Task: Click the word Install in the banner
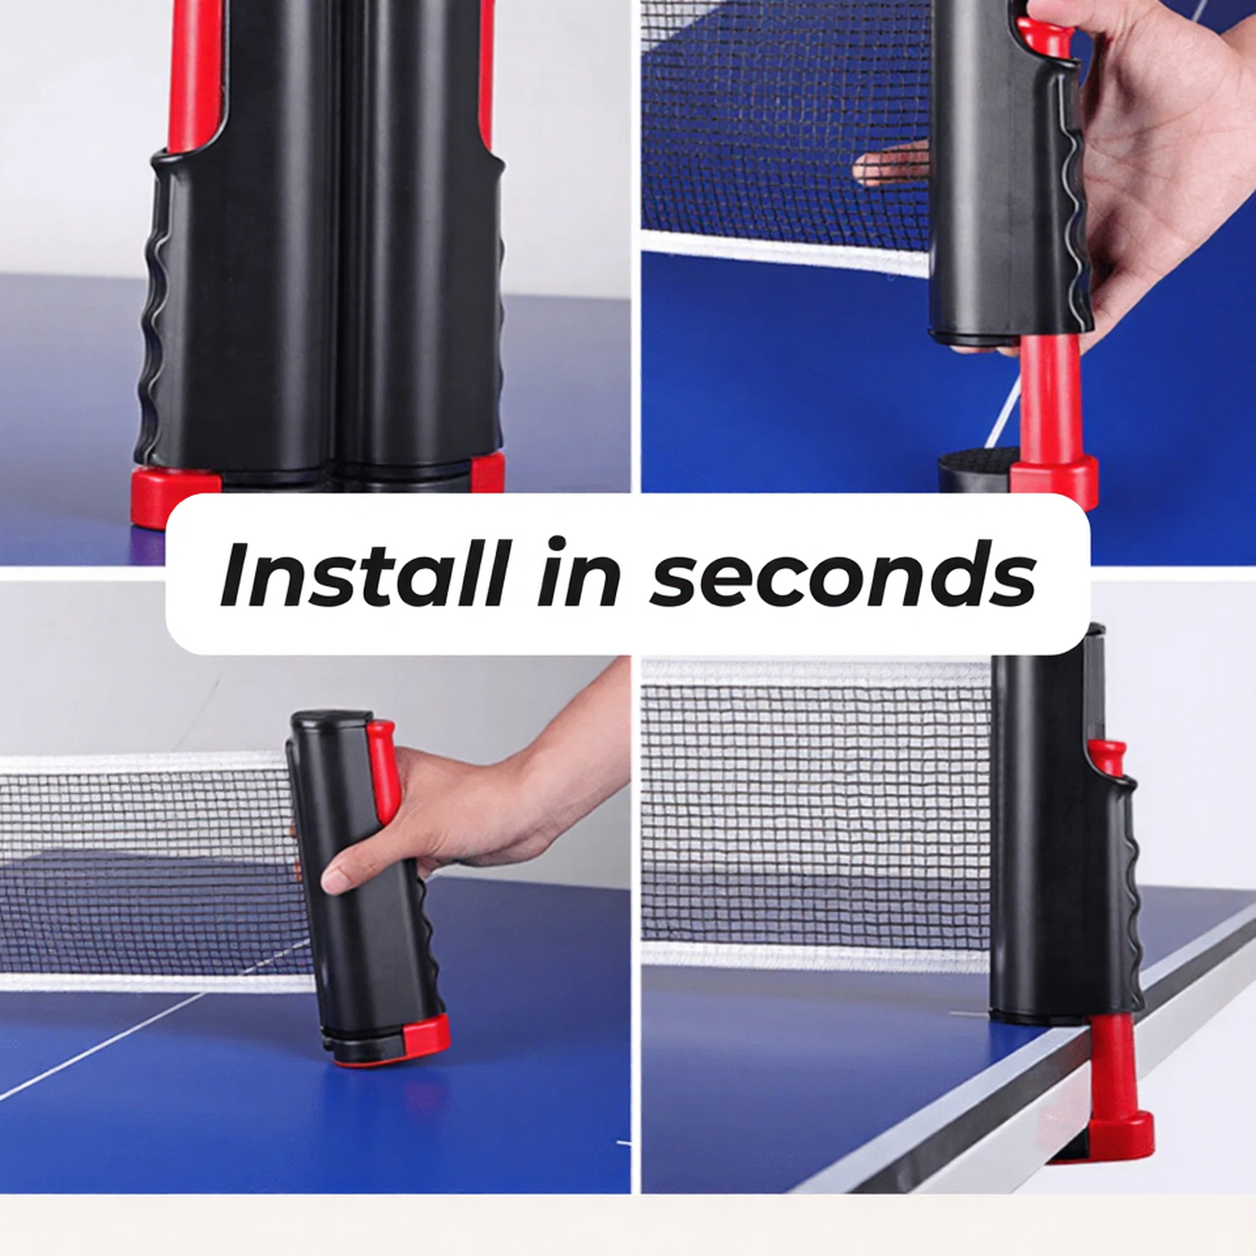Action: (x=364, y=575)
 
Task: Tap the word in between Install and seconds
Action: (x=578, y=575)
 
